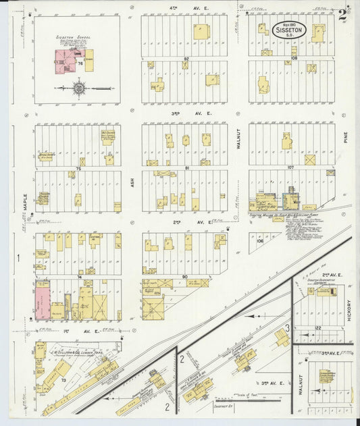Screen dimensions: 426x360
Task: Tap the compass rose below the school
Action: pos(79,88)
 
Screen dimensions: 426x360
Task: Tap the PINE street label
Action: pos(344,138)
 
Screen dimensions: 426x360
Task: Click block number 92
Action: pos(184,59)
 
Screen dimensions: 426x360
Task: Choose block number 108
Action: pos(294,59)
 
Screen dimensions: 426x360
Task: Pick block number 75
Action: pos(78,167)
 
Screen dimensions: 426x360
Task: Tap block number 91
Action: pos(184,167)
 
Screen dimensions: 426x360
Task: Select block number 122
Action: pos(317,328)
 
